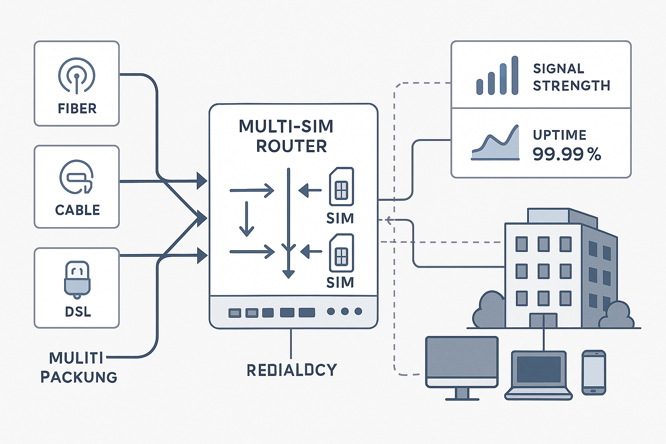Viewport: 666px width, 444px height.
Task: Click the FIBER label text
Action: [x=77, y=108]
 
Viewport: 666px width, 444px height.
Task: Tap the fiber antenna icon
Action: [x=77, y=75]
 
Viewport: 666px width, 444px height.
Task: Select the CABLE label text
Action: [x=78, y=210]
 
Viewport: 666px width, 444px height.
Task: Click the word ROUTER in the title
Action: [x=291, y=147]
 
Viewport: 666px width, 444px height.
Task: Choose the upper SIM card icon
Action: [x=341, y=187]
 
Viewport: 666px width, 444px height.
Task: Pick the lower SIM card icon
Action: [x=341, y=253]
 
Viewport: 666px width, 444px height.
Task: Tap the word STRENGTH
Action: [x=571, y=86]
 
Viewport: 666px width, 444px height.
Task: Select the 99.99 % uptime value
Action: [x=567, y=154]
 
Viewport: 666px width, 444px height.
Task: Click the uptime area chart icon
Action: [x=496, y=144]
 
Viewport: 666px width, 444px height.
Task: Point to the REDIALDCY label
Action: [x=291, y=370]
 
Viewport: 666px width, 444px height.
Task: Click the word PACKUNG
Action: [x=79, y=377]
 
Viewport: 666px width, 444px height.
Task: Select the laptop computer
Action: [x=539, y=375]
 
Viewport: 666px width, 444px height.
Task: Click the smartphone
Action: [x=594, y=372]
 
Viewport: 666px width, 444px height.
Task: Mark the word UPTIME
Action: [x=559, y=135]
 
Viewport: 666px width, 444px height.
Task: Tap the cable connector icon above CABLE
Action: [x=77, y=177]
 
